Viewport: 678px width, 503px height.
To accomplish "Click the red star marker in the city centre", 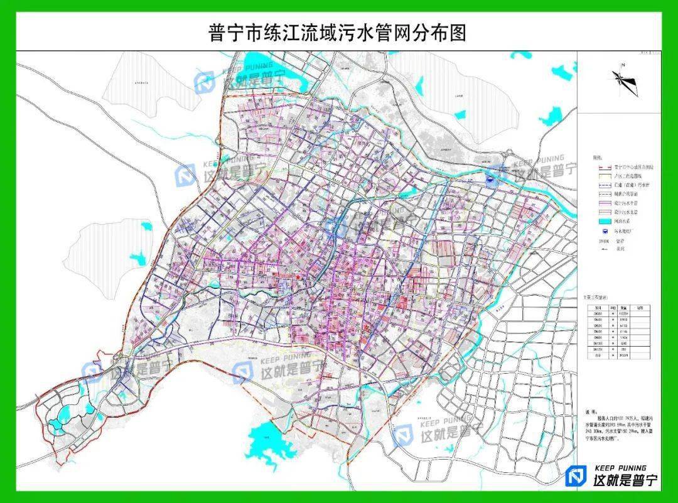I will pos(298,277).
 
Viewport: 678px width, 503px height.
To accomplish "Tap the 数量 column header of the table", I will pos(624,308).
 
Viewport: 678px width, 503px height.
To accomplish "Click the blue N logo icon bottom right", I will pos(575,477).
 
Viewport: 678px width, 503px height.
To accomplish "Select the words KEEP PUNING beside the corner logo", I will pos(621,468).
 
